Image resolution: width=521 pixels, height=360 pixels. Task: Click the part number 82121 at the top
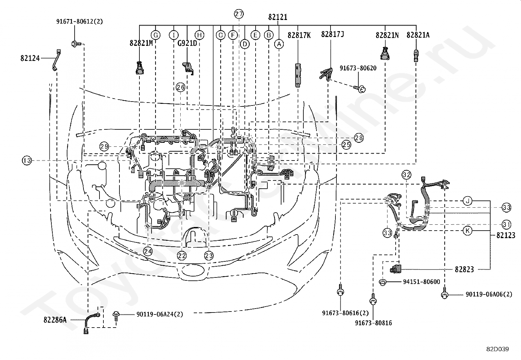[278, 17]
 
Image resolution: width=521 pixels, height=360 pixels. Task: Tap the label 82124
[30, 58]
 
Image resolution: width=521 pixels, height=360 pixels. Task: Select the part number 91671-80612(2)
[80, 21]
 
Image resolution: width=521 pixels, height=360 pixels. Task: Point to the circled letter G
[155, 35]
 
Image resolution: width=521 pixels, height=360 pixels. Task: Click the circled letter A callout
[279, 44]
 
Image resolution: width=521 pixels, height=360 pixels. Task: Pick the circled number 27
[239, 14]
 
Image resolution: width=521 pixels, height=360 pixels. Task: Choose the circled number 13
[27, 161]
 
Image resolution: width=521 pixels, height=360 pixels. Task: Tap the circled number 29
[104, 146]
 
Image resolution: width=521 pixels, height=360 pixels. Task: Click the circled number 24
[148, 251]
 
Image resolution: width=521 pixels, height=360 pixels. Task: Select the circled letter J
[468, 201]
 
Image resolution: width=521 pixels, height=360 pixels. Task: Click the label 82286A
[55, 320]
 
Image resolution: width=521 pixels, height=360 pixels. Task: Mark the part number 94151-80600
[422, 282]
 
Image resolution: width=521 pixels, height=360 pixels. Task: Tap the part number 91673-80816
[373, 323]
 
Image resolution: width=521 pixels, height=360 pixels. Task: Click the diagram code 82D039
[497, 349]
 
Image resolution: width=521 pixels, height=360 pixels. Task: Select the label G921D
[187, 43]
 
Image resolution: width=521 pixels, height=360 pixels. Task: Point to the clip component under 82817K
[298, 75]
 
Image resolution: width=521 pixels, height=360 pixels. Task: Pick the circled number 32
[406, 175]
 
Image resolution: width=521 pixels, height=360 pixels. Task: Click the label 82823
[464, 269]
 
